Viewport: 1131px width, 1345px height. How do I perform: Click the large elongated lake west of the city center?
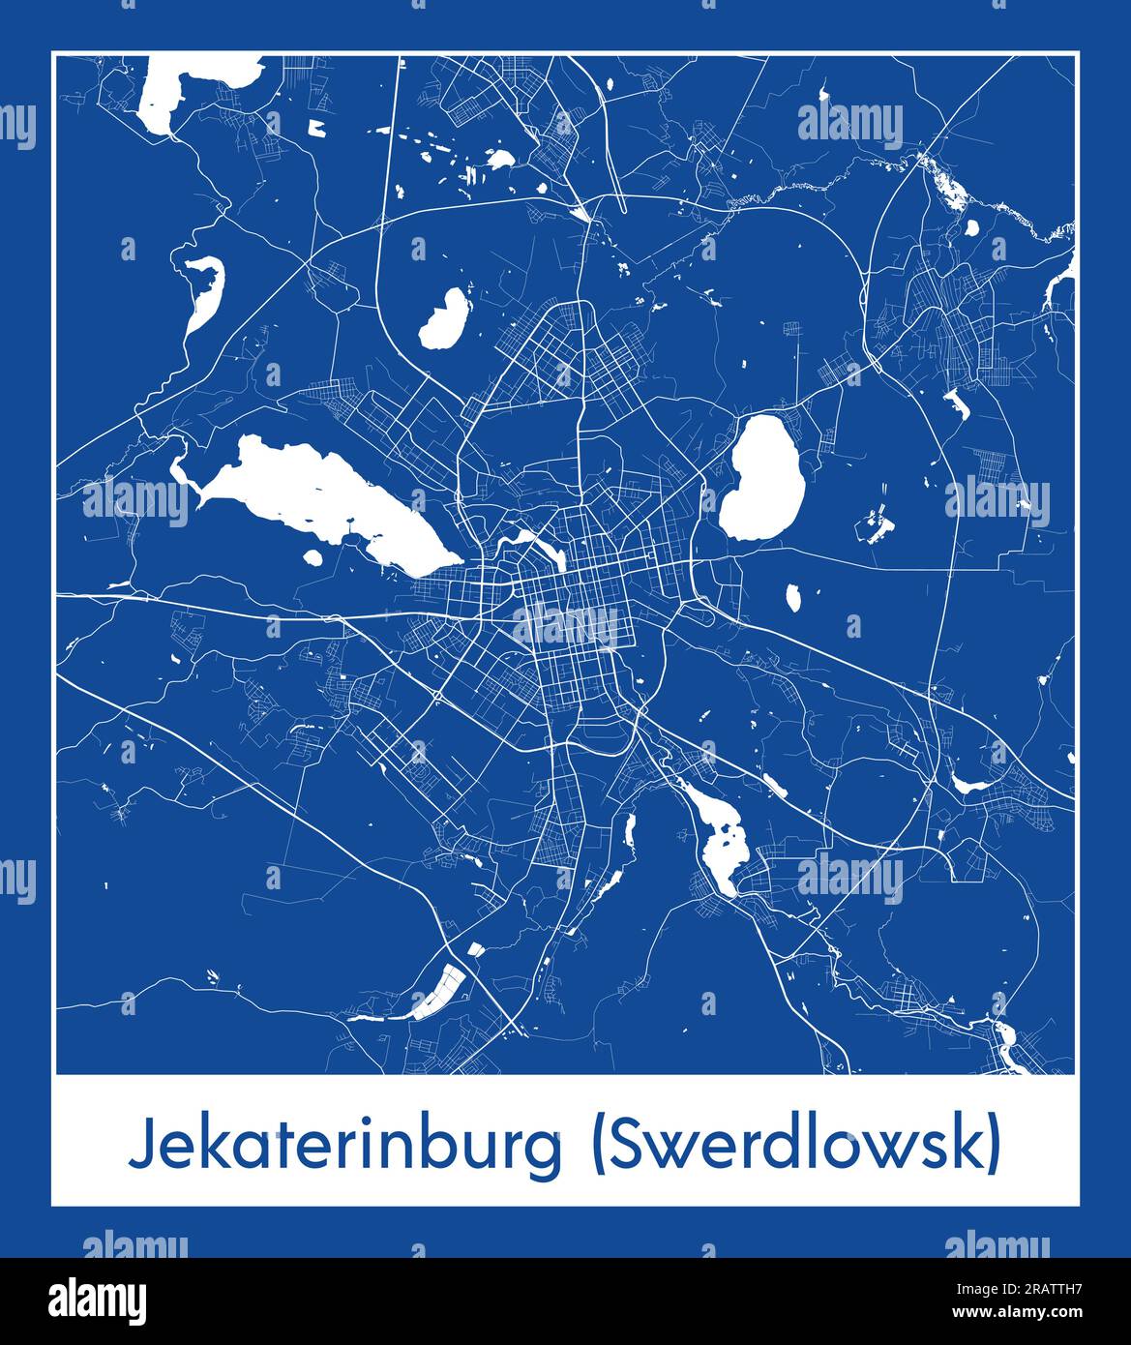(x=319, y=493)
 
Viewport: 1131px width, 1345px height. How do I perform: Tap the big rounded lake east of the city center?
(x=763, y=479)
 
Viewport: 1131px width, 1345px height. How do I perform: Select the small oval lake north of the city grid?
(x=443, y=318)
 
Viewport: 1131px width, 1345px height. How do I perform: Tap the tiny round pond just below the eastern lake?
(x=793, y=598)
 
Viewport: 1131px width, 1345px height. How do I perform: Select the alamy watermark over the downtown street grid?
(x=565, y=626)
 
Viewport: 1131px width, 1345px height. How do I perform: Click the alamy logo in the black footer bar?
(x=98, y=1299)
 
